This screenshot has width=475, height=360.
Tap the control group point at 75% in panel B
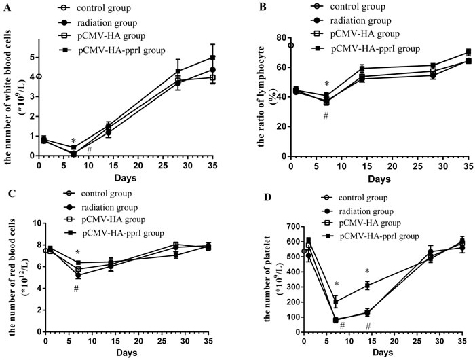click(291, 46)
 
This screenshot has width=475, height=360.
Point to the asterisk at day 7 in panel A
click(73, 141)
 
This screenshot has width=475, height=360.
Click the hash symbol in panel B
click(326, 115)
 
